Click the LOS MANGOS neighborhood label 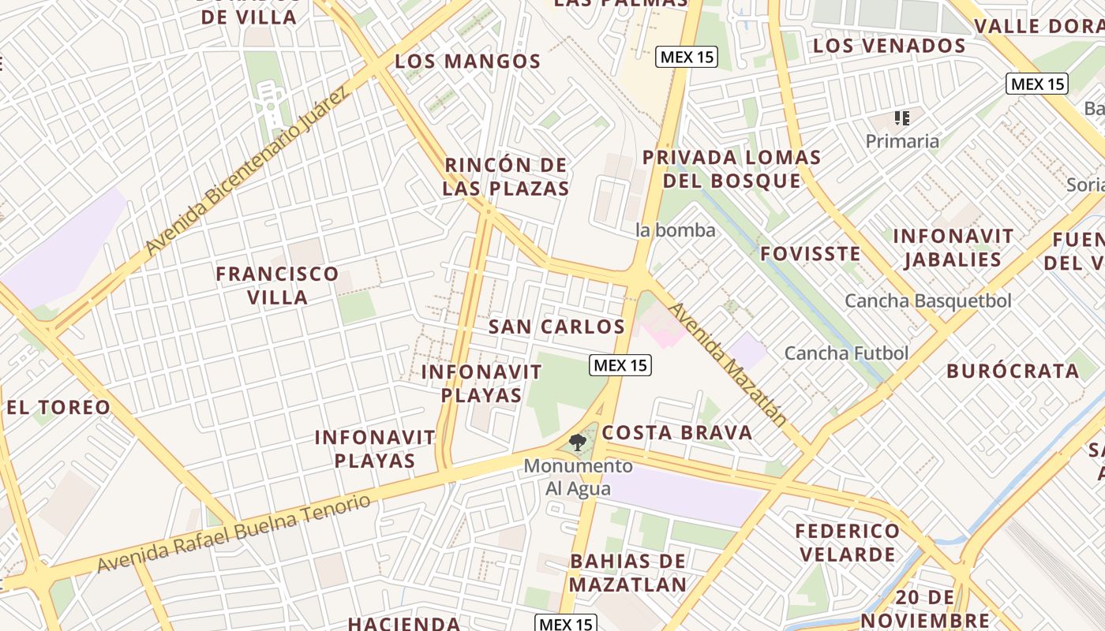click(467, 62)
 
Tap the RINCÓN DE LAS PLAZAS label click(506, 177)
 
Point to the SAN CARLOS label click(556, 327)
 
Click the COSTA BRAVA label click(676, 432)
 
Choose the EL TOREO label click(58, 408)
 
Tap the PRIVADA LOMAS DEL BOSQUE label click(732, 169)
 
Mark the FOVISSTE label click(810, 254)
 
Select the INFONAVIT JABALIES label click(953, 248)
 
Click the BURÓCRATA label click(1012, 371)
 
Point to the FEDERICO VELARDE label click(847, 542)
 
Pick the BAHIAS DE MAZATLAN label click(627, 573)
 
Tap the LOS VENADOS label click(889, 46)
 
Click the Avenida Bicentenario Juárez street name click(246, 173)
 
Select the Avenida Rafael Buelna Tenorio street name click(233, 534)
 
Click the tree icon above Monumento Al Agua click(578, 442)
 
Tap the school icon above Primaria click(902, 118)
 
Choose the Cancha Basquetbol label click(927, 301)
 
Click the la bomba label click(676, 230)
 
